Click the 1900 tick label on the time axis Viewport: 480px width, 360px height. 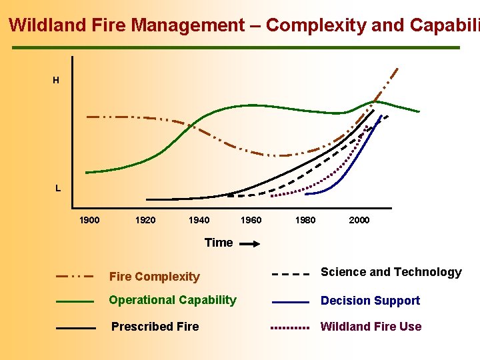89,221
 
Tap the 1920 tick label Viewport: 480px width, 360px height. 145,221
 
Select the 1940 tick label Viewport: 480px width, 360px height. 199,221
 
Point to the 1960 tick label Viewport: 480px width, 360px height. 251,221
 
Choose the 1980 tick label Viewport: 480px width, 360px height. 305,221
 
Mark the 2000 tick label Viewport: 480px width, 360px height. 359,221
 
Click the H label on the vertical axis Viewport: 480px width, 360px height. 56,81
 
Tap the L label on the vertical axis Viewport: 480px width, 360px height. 58,188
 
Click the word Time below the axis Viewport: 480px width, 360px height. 219,243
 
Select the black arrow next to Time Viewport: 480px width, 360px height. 249,245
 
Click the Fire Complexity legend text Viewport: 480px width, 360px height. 154,277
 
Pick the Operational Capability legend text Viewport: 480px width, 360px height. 173,300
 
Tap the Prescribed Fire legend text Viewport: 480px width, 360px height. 155,327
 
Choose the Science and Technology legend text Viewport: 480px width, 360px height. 391,272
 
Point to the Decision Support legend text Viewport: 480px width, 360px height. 371,301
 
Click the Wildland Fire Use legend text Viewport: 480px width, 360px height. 371,327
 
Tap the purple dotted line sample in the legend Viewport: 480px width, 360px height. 290,328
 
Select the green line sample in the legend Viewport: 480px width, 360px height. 75,301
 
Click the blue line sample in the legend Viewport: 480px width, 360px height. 290,302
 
